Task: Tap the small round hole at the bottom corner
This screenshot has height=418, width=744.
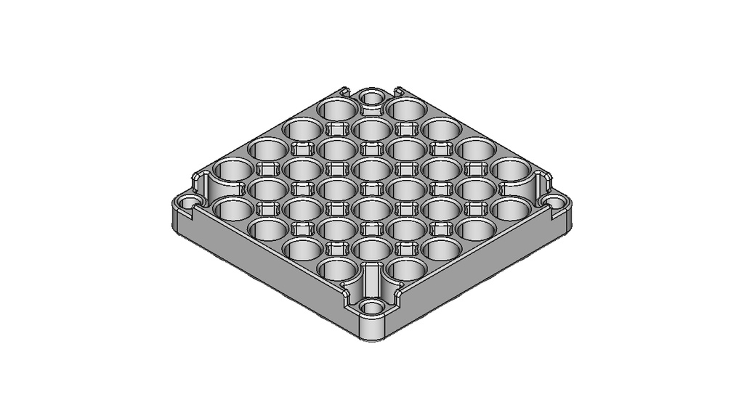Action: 372,307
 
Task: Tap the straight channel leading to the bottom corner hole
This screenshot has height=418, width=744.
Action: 372,279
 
